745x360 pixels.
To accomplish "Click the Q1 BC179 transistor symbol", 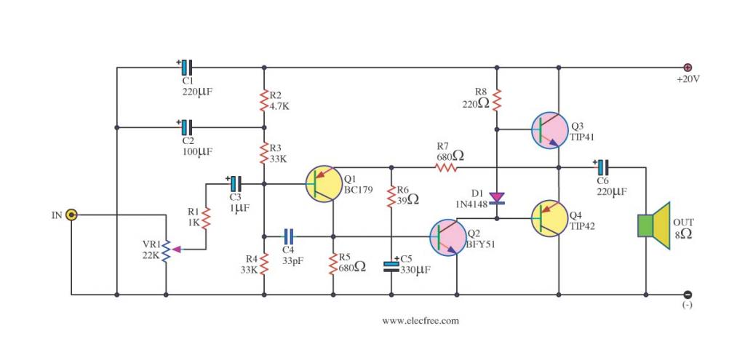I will tap(324, 183).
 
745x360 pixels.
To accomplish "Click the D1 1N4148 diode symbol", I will tap(497, 197).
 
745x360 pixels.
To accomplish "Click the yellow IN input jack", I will tap(71, 215).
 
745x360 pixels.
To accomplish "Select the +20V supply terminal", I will tap(687, 68).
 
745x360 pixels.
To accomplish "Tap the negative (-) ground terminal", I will tap(687, 295).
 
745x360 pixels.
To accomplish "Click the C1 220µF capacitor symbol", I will tap(186, 68).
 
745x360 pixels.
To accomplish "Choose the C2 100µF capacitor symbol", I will tap(186, 127).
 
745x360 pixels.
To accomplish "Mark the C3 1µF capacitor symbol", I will tap(235, 183).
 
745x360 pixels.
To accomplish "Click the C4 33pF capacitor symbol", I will tap(288, 236).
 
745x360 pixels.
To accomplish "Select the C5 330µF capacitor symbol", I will tap(391, 266).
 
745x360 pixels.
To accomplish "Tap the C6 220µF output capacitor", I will tap(602, 167).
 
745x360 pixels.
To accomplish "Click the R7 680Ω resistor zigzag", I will tap(446, 167).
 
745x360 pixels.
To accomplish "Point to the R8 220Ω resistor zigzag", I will tap(497, 100).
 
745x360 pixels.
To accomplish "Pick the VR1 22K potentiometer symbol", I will tap(167, 249).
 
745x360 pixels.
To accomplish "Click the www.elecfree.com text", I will tap(421, 320).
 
